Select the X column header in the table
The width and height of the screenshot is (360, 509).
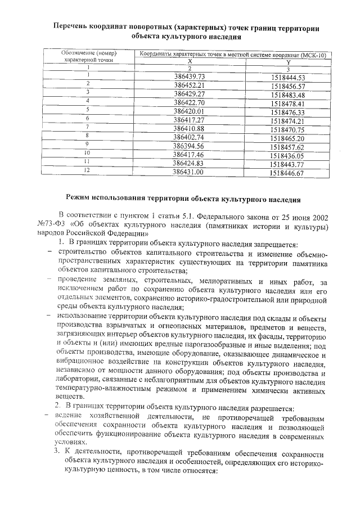(190, 61)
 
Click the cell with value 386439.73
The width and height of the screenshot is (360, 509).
(190, 76)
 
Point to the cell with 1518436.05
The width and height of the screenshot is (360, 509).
(287, 155)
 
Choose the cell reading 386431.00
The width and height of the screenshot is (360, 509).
(189, 172)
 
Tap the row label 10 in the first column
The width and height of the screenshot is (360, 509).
(87, 152)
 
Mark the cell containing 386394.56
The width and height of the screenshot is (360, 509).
(189, 145)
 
